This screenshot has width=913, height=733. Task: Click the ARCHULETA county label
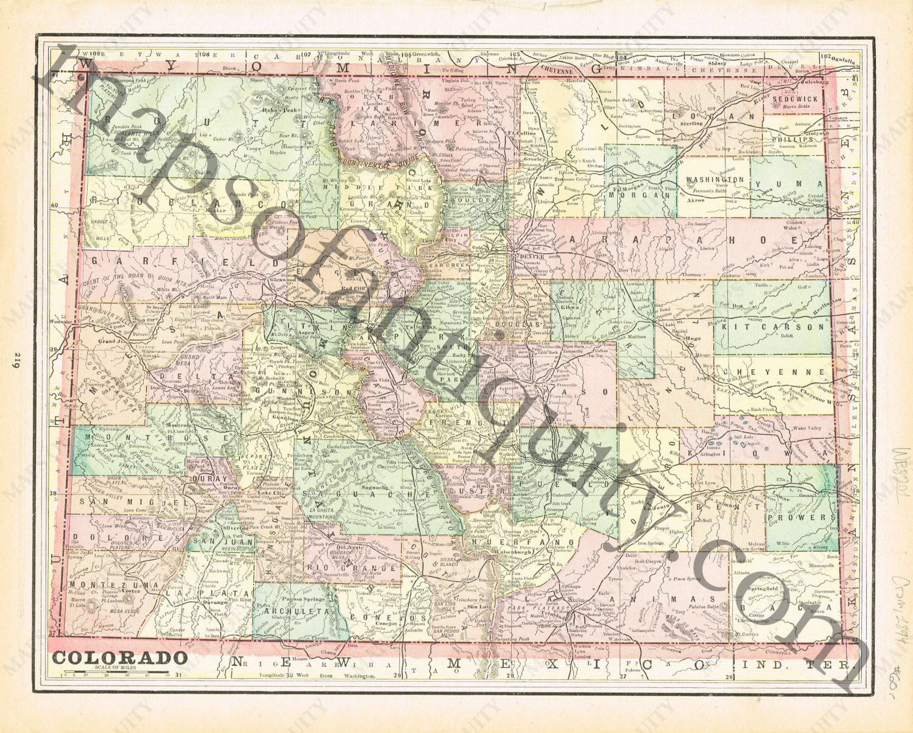click(x=295, y=612)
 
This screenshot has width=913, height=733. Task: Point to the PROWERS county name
click(x=800, y=517)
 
